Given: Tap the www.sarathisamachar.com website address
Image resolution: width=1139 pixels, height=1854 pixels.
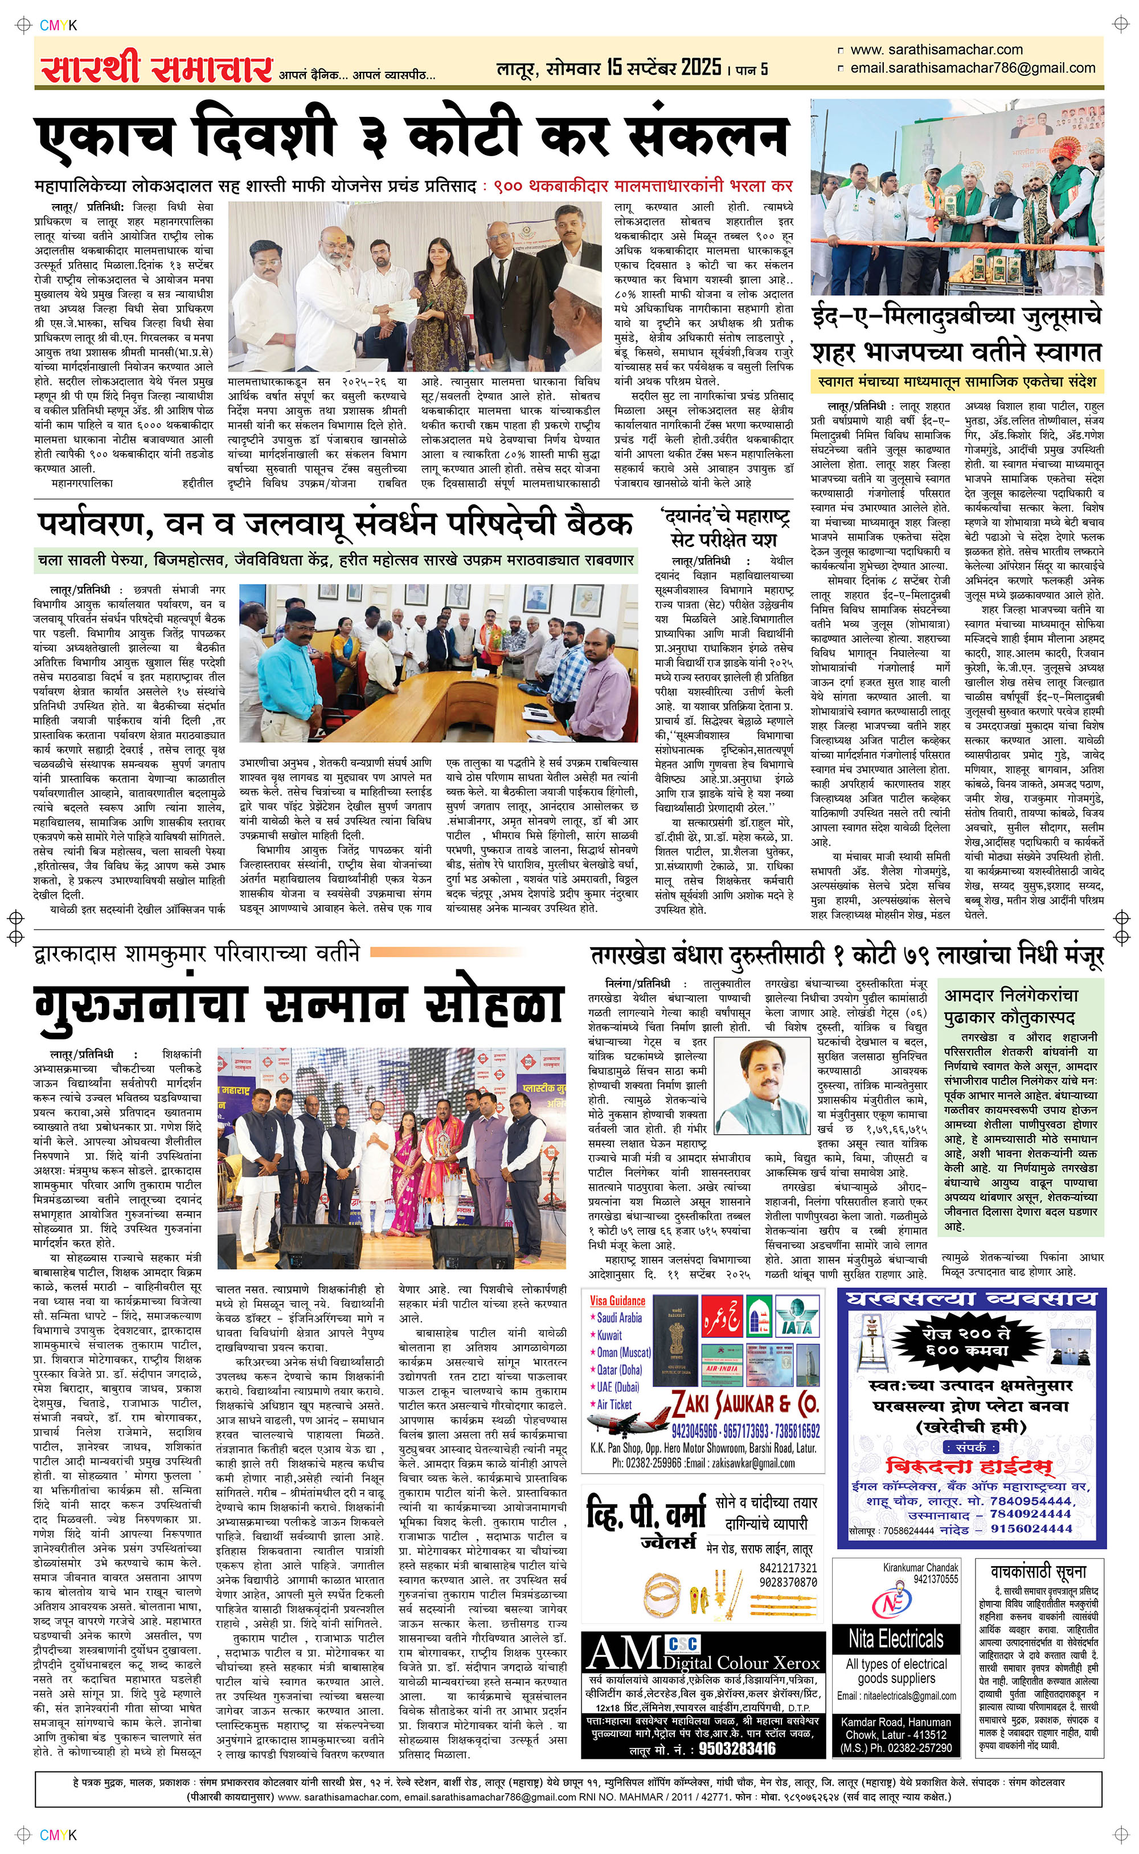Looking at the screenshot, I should coord(936,50).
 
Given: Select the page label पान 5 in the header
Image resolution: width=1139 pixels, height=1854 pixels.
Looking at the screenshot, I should coord(751,70).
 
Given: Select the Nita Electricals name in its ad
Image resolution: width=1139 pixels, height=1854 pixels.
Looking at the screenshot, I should coord(896,1637).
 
